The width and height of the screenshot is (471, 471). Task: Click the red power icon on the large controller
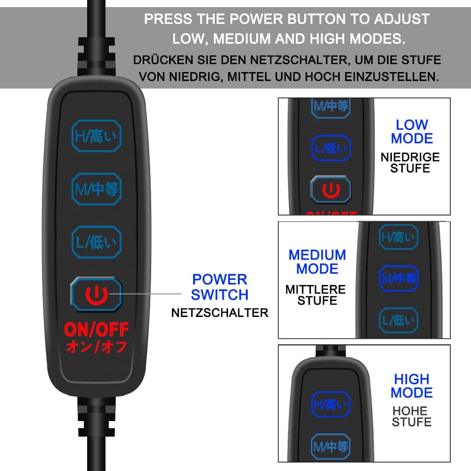tap(97, 295)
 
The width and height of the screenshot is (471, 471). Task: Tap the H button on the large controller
tap(97, 136)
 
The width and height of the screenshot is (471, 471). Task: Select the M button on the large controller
tap(97, 189)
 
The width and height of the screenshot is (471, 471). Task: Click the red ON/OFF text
tap(97, 330)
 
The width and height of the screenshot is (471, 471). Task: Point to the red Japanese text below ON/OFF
tap(97, 347)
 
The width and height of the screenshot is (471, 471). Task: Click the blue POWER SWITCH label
tap(219, 287)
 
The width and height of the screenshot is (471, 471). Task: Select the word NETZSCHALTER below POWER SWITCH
tap(219, 313)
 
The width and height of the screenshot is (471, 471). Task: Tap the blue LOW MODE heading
tap(412, 131)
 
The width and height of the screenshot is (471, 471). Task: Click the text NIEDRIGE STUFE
tap(410, 162)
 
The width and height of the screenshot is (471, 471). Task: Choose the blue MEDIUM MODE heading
tap(317, 262)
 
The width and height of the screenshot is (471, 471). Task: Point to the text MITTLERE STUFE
tap(316, 295)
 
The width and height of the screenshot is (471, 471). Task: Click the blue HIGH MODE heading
tap(412, 386)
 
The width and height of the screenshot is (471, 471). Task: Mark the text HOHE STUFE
tap(412, 416)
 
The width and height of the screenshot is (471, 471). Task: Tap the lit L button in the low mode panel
tap(331, 148)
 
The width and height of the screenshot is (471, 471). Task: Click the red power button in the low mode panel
tap(331, 189)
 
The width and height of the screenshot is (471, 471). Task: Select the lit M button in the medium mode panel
tap(398, 278)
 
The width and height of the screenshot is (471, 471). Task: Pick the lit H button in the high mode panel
tap(331, 404)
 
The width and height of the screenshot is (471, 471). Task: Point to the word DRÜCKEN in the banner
tap(163, 60)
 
